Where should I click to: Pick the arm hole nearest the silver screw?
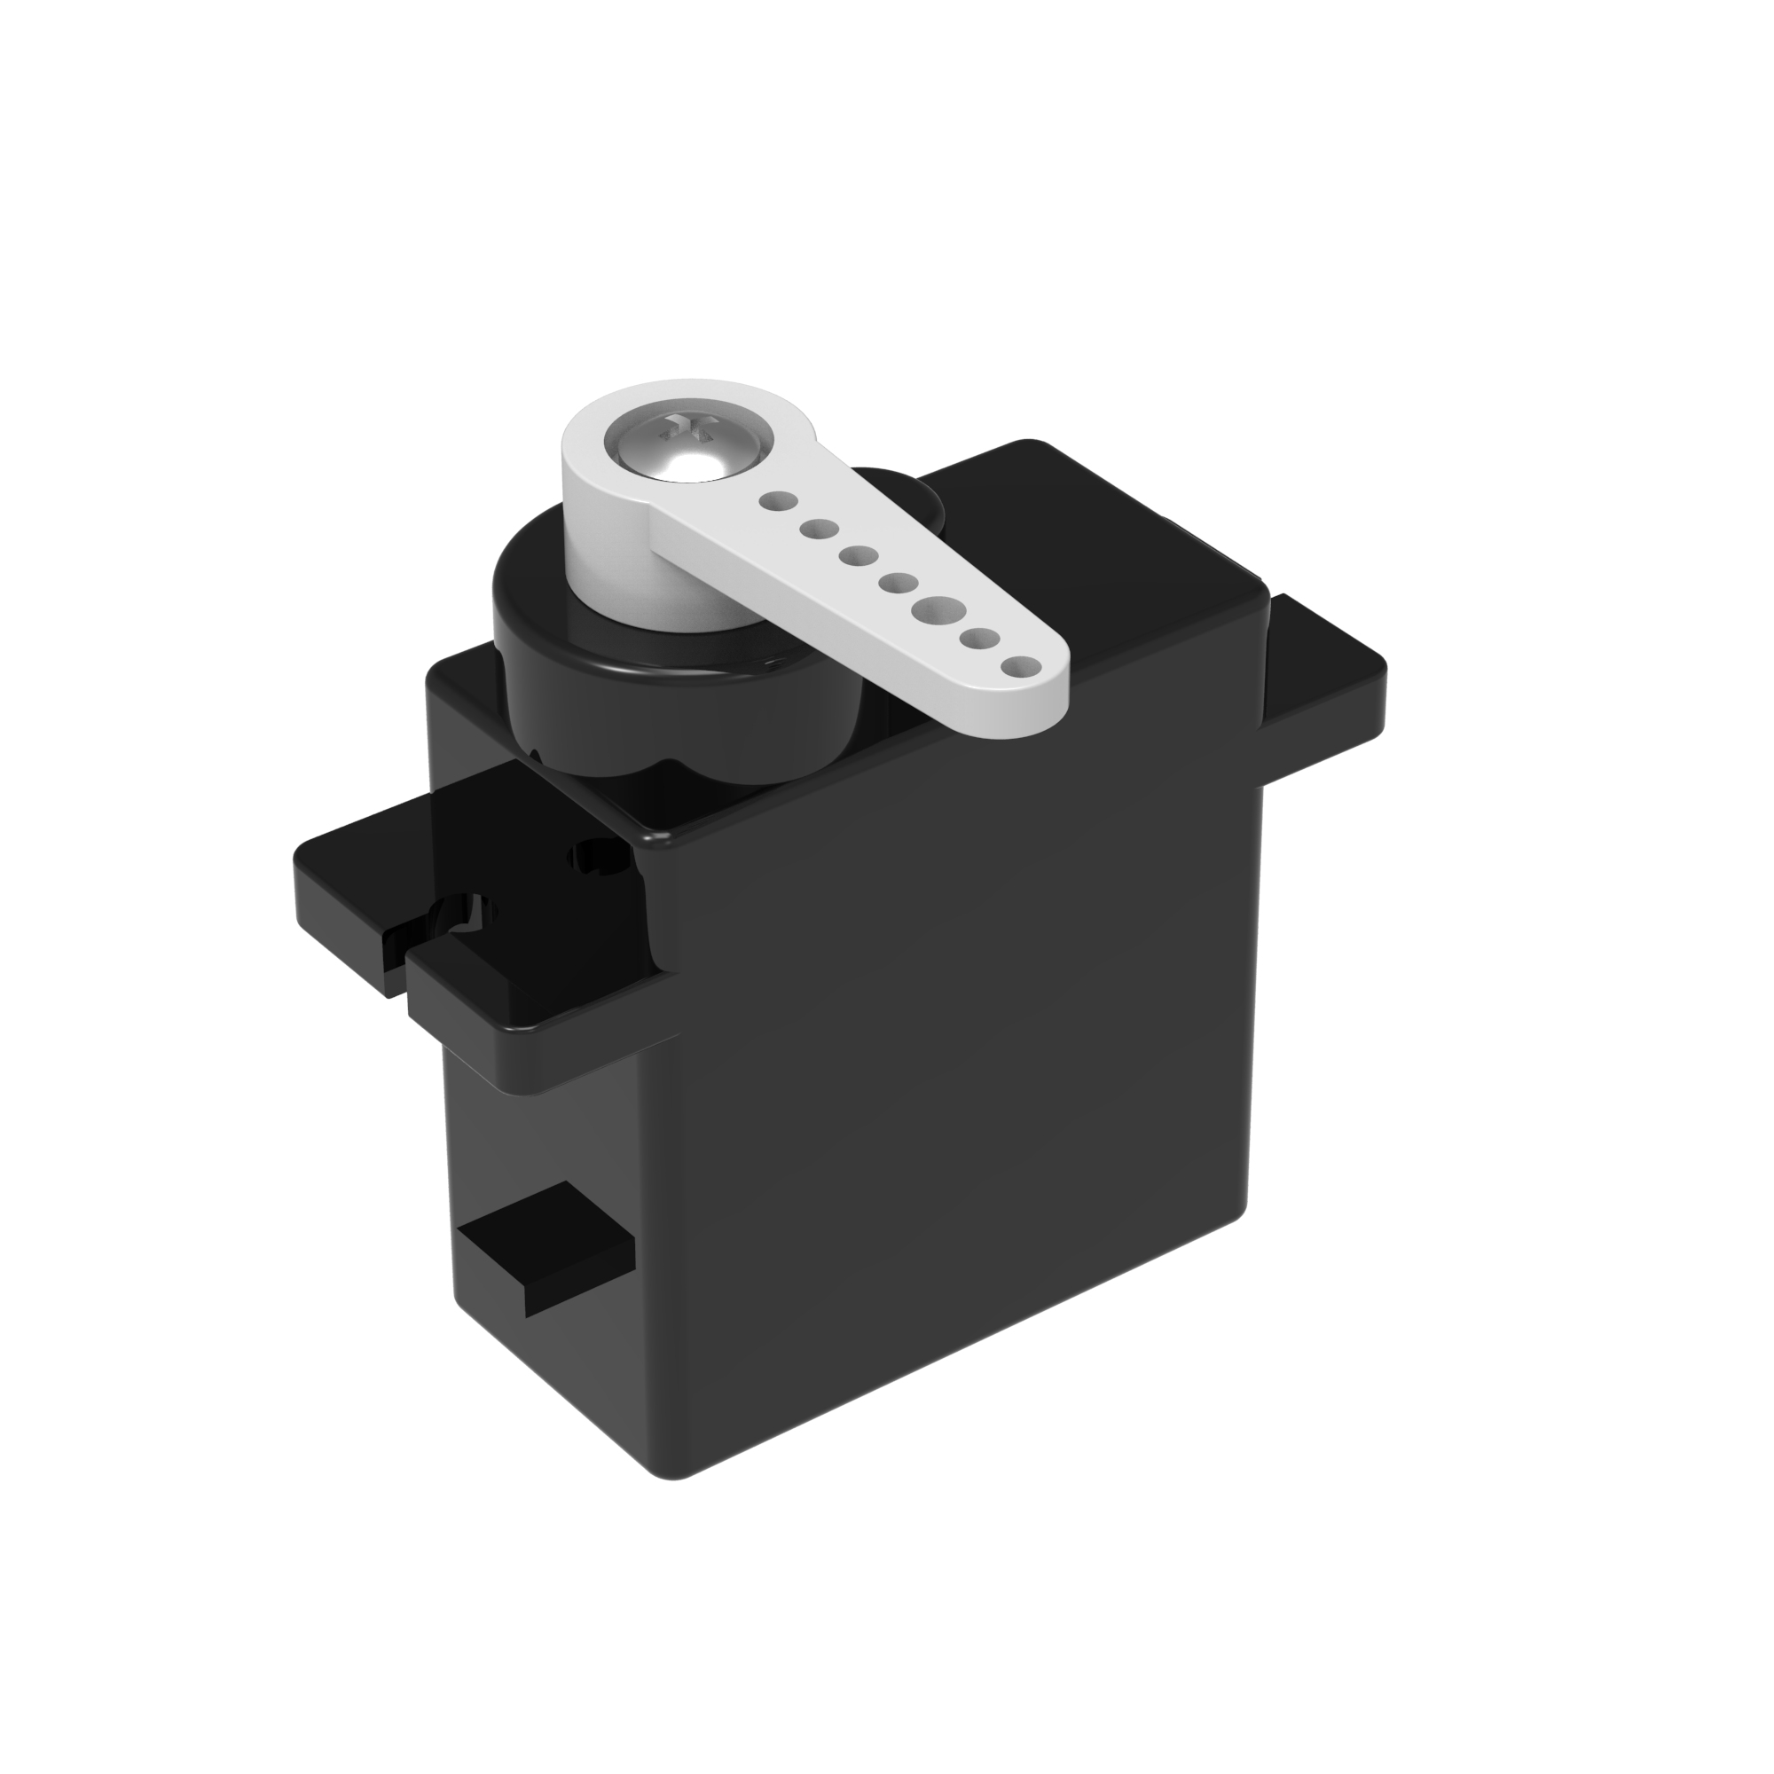pos(777,501)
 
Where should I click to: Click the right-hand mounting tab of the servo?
pos(1323,661)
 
